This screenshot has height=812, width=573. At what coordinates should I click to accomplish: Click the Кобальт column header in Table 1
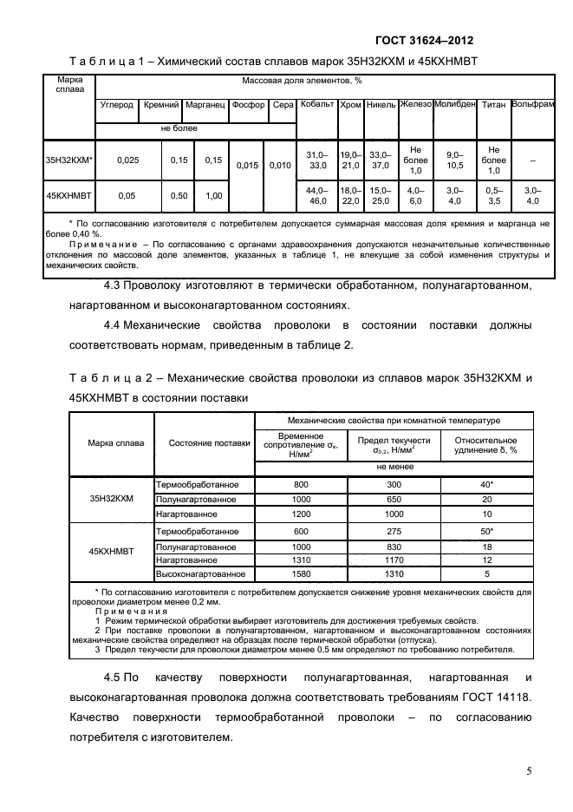[x=316, y=105]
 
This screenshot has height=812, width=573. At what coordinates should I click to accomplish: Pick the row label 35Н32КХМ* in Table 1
[x=68, y=160]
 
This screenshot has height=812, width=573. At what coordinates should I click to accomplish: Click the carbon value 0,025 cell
[x=128, y=160]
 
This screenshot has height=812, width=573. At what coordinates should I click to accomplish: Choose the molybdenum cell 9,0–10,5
[x=454, y=160]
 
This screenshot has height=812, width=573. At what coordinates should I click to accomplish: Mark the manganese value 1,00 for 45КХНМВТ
[x=212, y=196]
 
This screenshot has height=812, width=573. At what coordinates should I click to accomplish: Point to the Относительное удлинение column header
[x=486, y=445]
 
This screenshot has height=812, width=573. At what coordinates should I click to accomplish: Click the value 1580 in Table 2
[x=301, y=573]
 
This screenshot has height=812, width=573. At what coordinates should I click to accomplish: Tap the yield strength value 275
[x=394, y=531]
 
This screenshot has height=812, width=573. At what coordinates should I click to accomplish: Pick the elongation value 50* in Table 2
[x=486, y=531]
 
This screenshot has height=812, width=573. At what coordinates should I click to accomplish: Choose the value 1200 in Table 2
[x=301, y=514]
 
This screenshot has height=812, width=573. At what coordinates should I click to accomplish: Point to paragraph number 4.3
[x=114, y=286]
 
